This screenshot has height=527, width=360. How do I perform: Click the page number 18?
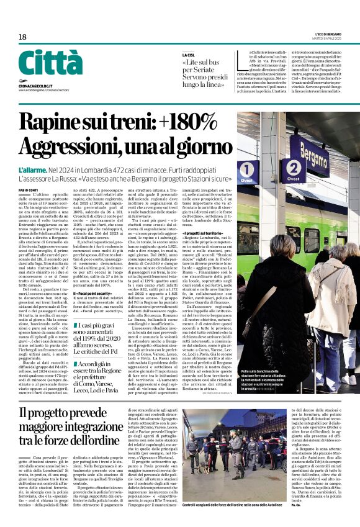click(22, 37)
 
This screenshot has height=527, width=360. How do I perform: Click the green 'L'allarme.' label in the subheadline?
click(37, 169)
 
